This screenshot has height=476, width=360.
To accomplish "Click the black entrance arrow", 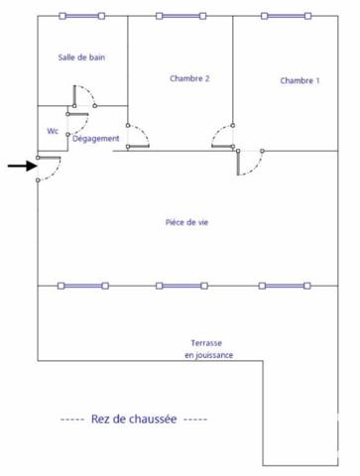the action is point(23,166).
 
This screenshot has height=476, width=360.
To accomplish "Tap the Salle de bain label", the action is point(81,58).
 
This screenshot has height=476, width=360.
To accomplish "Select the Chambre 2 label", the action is point(189,78).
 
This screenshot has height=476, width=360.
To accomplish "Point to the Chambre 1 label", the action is point(300,80).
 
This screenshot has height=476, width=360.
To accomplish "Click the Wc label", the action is point(53,131).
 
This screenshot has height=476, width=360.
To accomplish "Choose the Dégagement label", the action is point(95,139).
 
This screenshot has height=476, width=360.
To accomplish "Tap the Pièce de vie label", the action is point(186,222).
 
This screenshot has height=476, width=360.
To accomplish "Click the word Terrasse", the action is point(206,343).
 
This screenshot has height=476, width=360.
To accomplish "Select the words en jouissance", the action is point(209,355).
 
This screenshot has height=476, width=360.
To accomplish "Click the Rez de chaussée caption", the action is point(134,418).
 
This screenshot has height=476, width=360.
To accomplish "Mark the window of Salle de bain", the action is point(82,16).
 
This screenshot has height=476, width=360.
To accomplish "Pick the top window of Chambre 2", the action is point(181,16).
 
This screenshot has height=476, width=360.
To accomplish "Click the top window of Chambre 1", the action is point(286,16).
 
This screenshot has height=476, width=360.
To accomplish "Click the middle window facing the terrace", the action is point(181,286).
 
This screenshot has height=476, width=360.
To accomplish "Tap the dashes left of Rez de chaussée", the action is point(72,419).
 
